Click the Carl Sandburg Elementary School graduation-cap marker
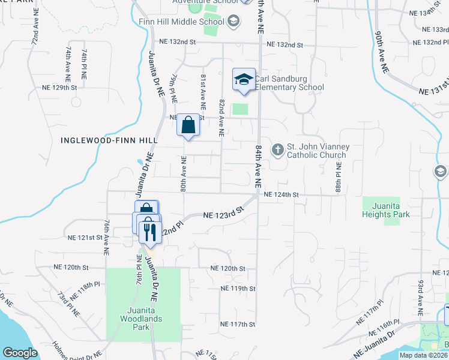244,80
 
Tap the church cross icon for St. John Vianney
278,149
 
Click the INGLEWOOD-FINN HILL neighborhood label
109,140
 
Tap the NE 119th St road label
238,289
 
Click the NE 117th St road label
238,325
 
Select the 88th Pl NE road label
339,171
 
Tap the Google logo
20,353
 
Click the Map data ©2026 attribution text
423,355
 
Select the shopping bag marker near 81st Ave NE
188,126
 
